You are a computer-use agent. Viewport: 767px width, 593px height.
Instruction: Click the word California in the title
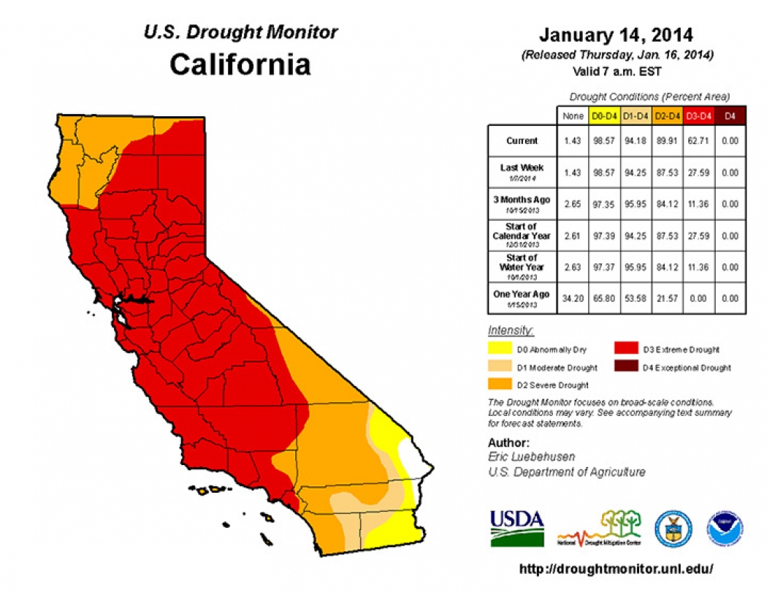(240, 64)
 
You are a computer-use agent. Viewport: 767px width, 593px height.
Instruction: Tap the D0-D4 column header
(603, 116)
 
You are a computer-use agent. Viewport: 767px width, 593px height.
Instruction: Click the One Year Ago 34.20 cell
(573, 298)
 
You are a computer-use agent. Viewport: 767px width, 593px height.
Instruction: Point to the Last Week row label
(522, 171)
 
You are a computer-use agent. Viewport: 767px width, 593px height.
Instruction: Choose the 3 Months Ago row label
(522, 203)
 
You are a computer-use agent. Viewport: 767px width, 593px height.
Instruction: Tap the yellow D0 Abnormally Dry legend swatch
(500, 350)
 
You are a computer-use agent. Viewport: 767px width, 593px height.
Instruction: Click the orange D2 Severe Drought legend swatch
(500, 385)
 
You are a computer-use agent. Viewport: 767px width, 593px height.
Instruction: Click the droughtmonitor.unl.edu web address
(616, 569)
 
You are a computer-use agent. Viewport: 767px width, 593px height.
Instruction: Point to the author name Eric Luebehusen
(531, 457)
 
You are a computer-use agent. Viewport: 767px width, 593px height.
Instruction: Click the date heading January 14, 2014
(616, 35)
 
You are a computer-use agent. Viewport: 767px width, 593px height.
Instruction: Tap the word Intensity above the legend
(511, 331)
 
